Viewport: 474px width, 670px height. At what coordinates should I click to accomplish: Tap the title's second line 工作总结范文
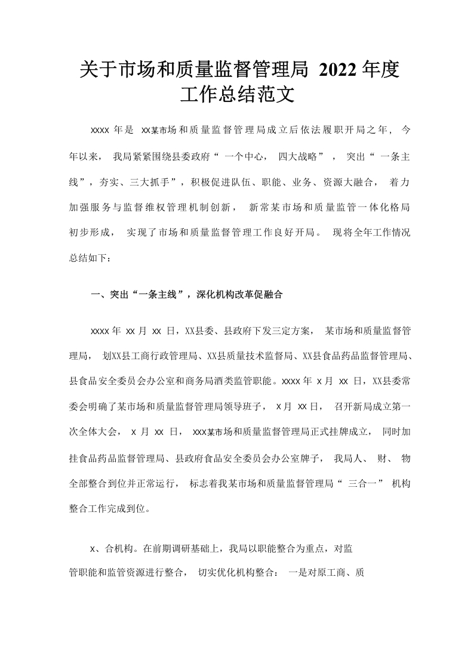(237, 95)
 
